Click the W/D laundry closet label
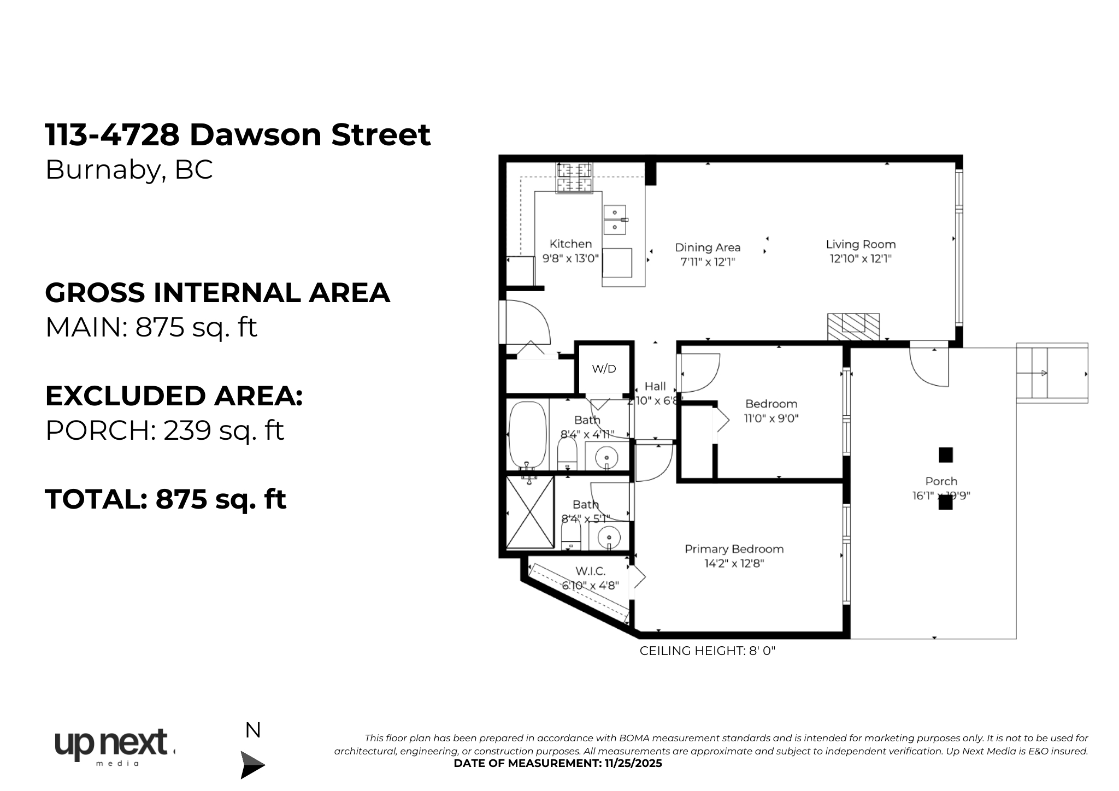pyautogui.click(x=604, y=369)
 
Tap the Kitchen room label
pyautogui.click(x=570, y=244)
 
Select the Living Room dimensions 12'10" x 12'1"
pyautogui.click(x=861, y=258)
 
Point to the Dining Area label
pyautogui.click(x=708, y=247)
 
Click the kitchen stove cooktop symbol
pyautogui.click(x=574, y=178)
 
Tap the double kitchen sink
pyautogui.click(x=615, y=219)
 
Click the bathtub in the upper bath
pyautogui.click(x=527, y=435)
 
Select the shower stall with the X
pyautogui.click(x=529, y=512)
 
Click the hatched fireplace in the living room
pyautogui.click(x=853, y=327)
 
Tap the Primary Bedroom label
pyautogui.click(x=734, y=549)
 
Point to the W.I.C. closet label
pyautogui.click(x=590, y=571)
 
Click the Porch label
pyautogui.click(x=941, y=481)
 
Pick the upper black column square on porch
pyautogui.click(x=945, y=454)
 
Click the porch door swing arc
pyautogui.click(x=928, y=368)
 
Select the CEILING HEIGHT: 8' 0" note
pyautogui.click(x=707, y=651)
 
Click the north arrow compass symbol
pyautogui.click(x=252, y=764)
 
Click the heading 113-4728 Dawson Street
pyautogui.click(x=238, y=134)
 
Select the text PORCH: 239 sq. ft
pyautogui.click(x=164, y=430)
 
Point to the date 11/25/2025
pyautogui.click(x=633, y=763)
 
